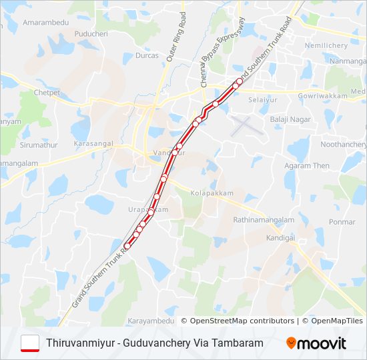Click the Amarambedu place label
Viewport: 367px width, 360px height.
coord(46,23)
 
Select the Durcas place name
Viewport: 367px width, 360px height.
coord(147,55)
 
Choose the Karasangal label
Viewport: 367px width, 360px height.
coord(95,144)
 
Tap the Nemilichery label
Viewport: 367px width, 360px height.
coord(326,45)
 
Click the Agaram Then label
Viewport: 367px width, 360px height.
coord(307,166)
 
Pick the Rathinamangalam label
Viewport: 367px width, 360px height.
coord(264,219)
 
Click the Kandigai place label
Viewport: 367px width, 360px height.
coord(280,237)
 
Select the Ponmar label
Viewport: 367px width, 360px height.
coord(342,222)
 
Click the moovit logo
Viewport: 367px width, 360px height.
coord(316,343)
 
